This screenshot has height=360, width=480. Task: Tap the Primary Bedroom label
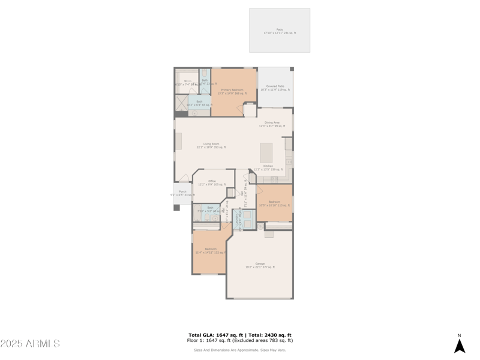click(x=232, y=91)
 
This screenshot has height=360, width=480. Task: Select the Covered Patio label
click(x=275, y=88)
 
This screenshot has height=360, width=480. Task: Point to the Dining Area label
click(x=272, y=124)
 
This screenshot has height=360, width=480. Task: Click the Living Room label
click(x=211, y=145)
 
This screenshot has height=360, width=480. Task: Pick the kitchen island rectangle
click(x=266, y=152)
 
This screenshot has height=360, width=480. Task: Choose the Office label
click(x=212, y=182)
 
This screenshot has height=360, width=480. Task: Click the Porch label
click(x=182, y=193)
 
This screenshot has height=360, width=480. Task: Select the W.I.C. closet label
click(x=188, y=82)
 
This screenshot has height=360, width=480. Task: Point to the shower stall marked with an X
click(x=181, y=103)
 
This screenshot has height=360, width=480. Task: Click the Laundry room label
click(x=237, y=220)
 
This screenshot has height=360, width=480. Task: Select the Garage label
click(x=260, y=265)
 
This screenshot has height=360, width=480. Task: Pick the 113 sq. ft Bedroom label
click(x=274, y=203)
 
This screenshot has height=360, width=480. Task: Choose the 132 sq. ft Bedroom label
click(x=211, y=250)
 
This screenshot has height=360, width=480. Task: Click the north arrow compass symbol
click(x=460, y=345)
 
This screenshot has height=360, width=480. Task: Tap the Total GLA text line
click(x=240, y=335)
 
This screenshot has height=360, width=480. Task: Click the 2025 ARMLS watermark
click(x=30, y=344)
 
